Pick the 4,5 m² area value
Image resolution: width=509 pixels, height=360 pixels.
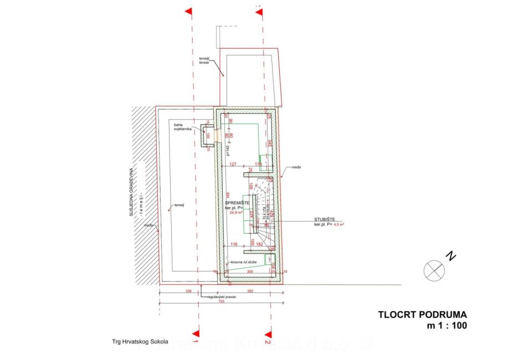point(339,225)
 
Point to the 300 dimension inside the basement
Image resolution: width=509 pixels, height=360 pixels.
point(249,272)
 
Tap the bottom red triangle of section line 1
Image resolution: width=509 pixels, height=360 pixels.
point(195,333)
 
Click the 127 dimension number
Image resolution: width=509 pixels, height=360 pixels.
point(233,164)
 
